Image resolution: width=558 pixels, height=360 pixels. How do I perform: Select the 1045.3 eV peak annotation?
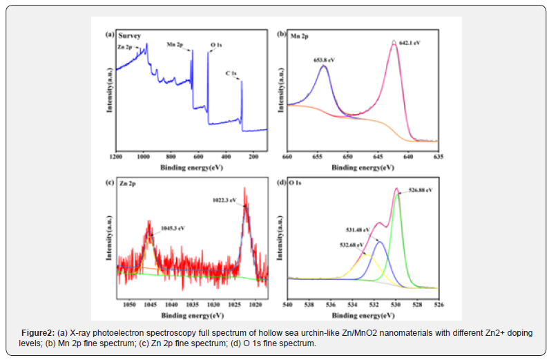173,227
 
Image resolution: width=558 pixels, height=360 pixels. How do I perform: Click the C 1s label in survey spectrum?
232,73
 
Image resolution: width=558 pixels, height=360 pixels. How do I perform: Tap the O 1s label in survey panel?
217,46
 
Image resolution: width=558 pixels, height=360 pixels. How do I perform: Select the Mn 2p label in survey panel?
175,46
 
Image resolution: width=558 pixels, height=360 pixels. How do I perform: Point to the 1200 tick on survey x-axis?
115,157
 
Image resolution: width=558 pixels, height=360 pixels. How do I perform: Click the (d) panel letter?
280,183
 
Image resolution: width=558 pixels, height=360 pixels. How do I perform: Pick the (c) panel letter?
108,183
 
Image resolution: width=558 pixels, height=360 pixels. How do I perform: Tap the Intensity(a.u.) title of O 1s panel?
280,238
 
